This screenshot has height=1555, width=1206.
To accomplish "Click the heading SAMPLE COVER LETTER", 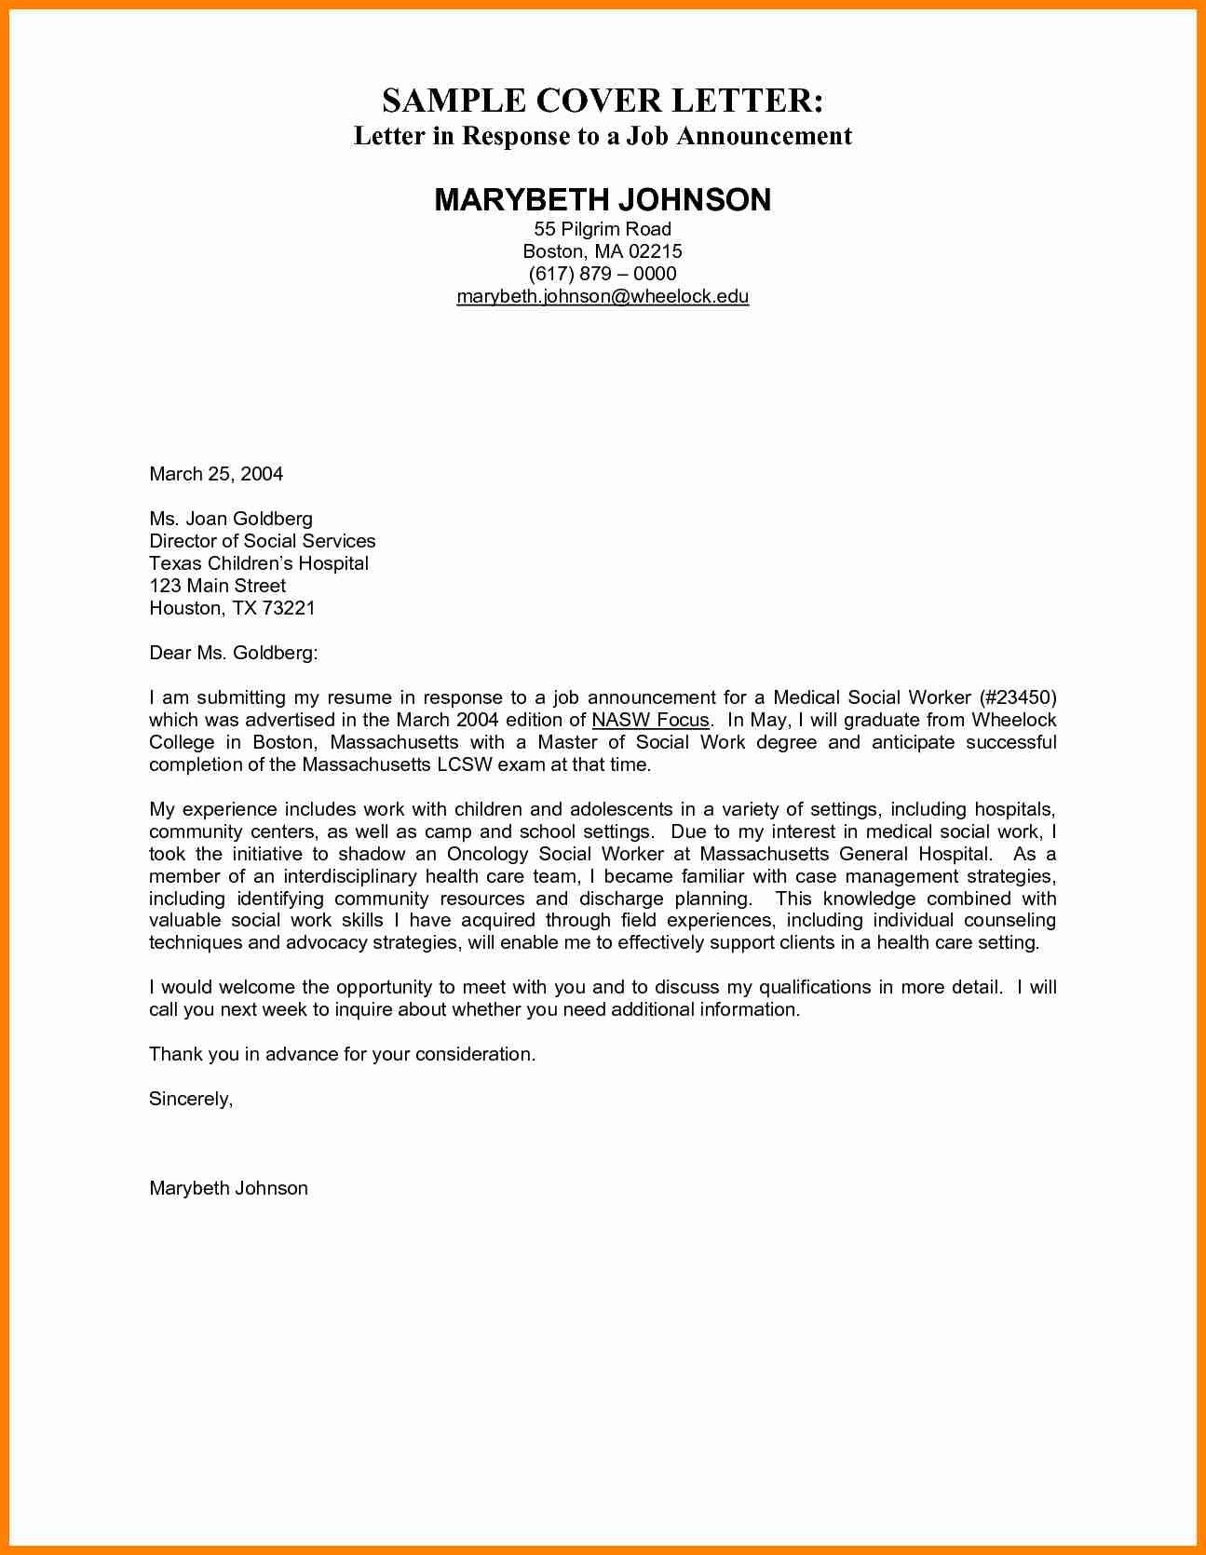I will click(603, 101).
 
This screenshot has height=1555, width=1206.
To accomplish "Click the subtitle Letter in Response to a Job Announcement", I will click(603, 136).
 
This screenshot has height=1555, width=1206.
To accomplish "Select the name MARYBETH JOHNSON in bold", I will click(603, 199).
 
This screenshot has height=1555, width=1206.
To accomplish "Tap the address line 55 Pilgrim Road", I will click(603, 229).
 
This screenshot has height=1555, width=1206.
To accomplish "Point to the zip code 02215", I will click(656, 251).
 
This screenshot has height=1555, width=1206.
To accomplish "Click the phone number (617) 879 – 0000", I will click(603, 274).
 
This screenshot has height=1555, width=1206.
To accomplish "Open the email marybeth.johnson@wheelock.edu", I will click(603, 296).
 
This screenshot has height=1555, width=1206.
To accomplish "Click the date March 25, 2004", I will click(216, 474).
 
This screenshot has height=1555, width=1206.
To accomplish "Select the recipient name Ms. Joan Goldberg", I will click(231, 519).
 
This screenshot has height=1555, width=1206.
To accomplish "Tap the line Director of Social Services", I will click(263, 541).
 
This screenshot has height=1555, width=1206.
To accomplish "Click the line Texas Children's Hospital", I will click(259, 563).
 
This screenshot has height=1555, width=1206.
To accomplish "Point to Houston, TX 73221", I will click(233, 608).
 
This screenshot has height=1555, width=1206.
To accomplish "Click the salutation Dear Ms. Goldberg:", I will click(234, 653).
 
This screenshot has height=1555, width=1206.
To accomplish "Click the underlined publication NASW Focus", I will click(650, 720).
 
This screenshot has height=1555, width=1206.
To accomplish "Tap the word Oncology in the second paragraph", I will click(488, 854).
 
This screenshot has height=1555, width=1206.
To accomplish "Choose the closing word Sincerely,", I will click(191, 1099).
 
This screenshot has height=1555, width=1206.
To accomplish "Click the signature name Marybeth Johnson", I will click(228, 1188).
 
